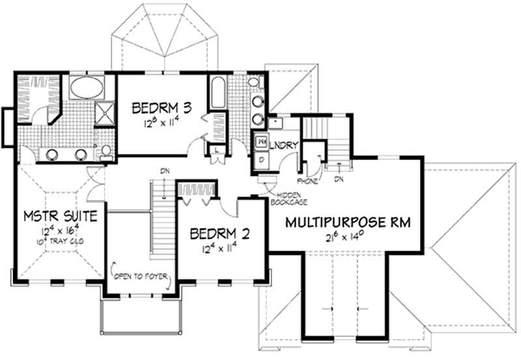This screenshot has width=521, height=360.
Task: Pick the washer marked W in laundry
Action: [x=261, y=140]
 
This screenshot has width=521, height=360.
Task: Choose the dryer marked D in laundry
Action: [x=261, y=158]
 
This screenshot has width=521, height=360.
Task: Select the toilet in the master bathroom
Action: [x=106, y=152]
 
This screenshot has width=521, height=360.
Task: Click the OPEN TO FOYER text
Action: [x=140, y=276]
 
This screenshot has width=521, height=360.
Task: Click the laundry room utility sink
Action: [x=274, y=122]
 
